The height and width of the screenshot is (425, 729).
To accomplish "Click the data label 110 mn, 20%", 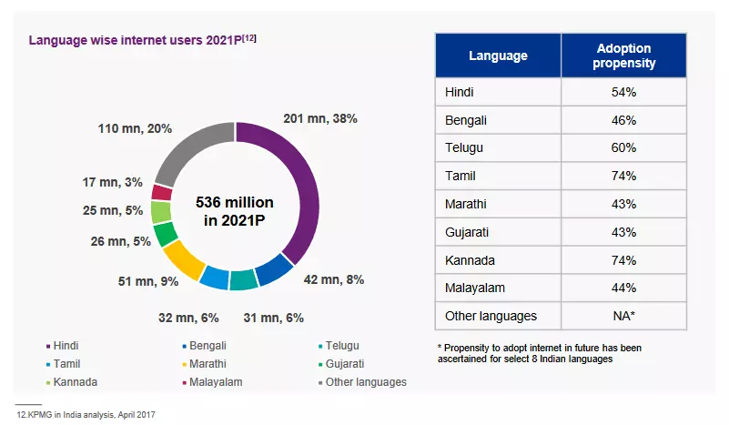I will point(135,128).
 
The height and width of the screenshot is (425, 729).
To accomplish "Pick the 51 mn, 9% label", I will point(148,281).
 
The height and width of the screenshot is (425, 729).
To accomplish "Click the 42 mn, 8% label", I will point(333,279).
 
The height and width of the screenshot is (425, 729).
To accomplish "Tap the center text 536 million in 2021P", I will point(235,211).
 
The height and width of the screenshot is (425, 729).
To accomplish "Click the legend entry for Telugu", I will point(340,346).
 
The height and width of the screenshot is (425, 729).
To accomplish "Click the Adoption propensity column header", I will point(623,56).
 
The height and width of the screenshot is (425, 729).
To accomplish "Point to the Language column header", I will point(498,56).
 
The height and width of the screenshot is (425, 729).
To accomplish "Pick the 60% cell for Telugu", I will point(623,147).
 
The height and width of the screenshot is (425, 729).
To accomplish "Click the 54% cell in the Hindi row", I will point(623,93).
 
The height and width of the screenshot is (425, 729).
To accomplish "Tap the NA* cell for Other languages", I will point(623,316).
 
